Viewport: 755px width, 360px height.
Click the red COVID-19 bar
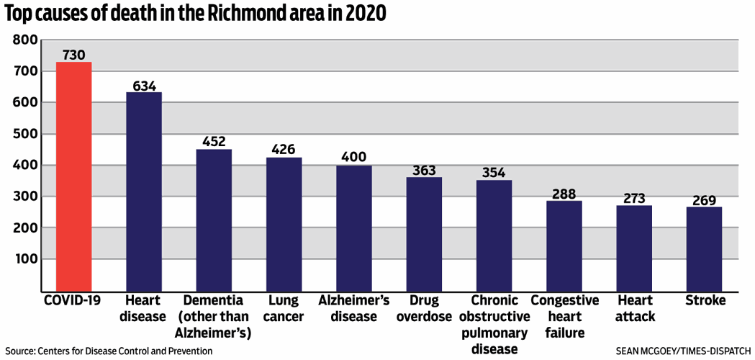coord(74,176)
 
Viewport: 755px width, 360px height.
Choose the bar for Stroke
coord(704,248)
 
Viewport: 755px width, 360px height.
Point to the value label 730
coord(74,55)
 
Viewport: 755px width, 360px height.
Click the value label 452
coord(214,141)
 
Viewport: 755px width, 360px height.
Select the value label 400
coord(354,157)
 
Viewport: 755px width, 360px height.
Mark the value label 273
coord(634,198)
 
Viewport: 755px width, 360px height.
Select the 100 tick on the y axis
coord(25,258)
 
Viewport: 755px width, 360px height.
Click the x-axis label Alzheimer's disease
coord(354,308)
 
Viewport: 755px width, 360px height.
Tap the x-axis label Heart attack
coord(634,308)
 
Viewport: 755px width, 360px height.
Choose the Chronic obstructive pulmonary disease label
coord(494,324)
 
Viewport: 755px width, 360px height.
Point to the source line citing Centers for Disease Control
coord(108,351)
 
